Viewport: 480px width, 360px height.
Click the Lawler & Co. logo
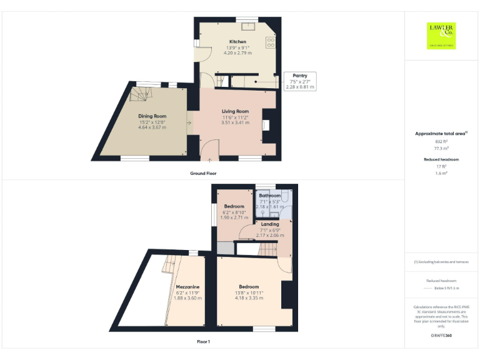(441, 35)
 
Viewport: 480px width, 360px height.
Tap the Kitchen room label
(237, 42)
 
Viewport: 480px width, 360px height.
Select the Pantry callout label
(299, 76)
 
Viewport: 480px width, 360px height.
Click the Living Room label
(235, 111)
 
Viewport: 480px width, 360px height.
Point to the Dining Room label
(152, 116)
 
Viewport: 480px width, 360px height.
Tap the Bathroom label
(270, 196)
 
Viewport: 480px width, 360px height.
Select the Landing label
(270, 224)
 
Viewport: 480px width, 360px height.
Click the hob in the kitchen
(271, 42)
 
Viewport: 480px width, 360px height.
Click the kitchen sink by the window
(247, 26)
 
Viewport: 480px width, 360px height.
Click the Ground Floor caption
(203, 173)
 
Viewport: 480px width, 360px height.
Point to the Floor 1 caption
(203, 342)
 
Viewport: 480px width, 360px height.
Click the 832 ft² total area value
(442, 142)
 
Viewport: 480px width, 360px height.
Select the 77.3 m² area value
(442, 149)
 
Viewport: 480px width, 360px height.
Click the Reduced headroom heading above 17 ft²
(442, 159)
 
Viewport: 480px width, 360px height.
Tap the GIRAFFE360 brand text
(441, 336)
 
